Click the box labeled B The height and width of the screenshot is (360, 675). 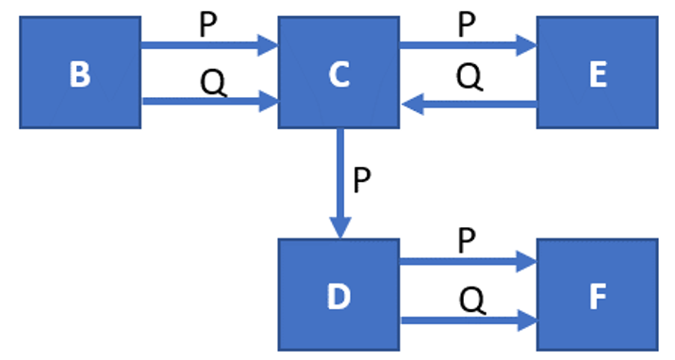click(80, 73)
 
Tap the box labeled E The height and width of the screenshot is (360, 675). click(597, 73)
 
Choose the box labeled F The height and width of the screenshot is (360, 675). click(597, 295)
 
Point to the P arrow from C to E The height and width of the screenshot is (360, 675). click(468, 43)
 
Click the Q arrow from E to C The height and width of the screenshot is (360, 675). click(468, 106)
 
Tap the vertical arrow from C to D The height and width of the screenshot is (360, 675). click(339, 179)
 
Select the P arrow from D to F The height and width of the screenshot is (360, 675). click(468, 263)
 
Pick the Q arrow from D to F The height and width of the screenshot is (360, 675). click(468, 321)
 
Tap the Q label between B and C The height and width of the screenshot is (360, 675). click(212, 82)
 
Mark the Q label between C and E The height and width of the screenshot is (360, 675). click(469, 75)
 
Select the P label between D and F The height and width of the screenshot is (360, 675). click(467, 241)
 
